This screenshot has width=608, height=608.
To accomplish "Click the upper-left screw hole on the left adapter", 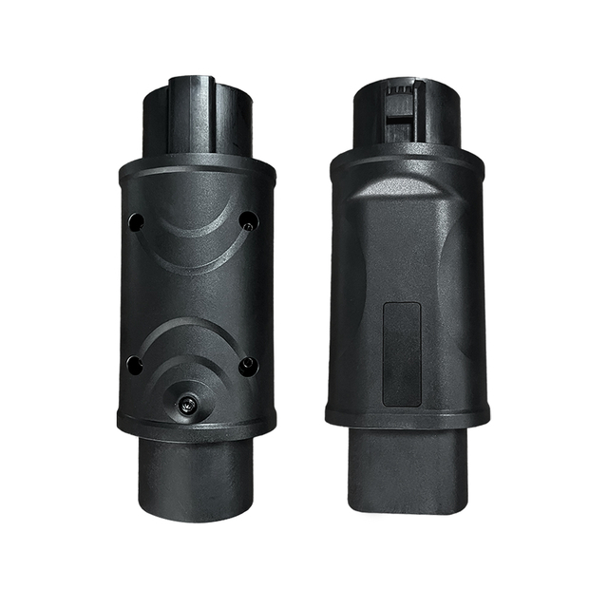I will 136,221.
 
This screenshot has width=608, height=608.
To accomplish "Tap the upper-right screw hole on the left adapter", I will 249,220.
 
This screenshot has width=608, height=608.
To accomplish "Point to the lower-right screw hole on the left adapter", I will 249,365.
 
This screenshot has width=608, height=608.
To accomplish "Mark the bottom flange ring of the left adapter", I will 197,425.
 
